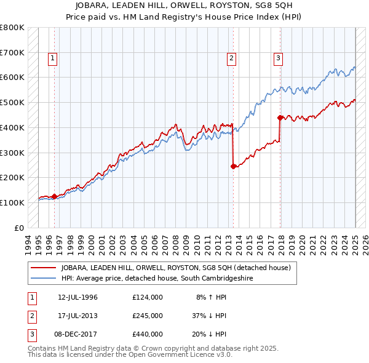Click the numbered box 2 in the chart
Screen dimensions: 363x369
[231, 58]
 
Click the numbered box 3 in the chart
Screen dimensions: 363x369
[278, 58]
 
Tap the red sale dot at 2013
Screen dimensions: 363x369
[234, 166]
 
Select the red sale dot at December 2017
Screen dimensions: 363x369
[280, 117]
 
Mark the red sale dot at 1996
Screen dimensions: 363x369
[54, 196]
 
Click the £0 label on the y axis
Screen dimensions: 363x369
[18, 228]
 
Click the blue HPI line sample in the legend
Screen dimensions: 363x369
[43, 278]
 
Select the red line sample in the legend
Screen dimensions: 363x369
[43, 268]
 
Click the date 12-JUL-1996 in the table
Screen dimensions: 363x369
[77, 297]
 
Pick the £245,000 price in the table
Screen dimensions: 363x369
[148, 316]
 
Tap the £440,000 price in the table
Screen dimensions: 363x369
[148, 334]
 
